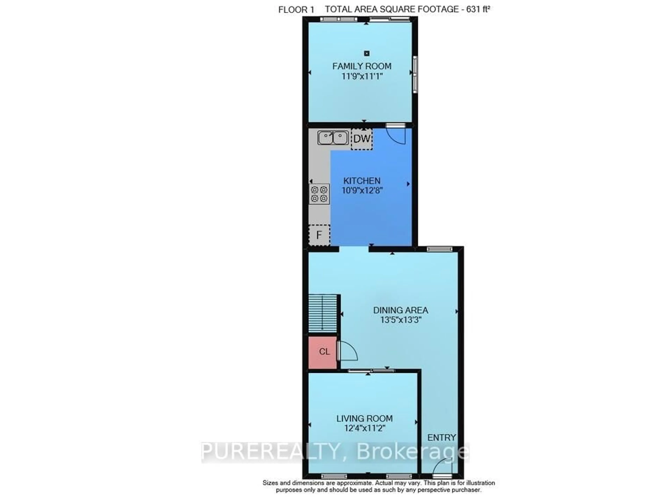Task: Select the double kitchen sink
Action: coord(333,138)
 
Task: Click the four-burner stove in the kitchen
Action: coord(319,194)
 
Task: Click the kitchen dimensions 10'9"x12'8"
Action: coord(362,190)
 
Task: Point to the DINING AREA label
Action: coord(401,310)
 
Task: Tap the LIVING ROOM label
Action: coord(364,419)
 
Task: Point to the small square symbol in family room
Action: coord(366,54)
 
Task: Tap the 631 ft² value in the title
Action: coord(478,9)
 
